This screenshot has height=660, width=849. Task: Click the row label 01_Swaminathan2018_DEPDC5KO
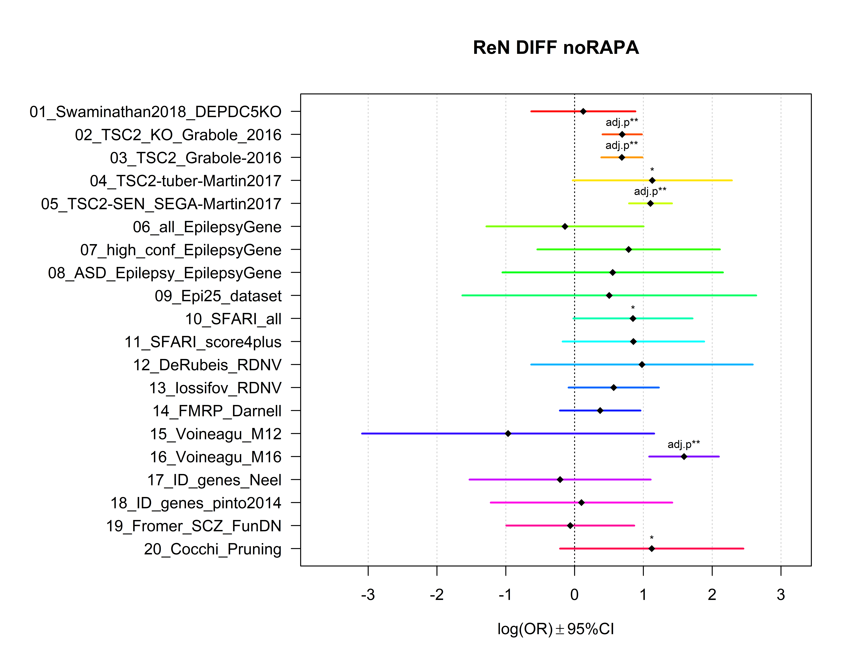[155, 112]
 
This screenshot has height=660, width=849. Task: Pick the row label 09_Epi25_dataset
[218, 296]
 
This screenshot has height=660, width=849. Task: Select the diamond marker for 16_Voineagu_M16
[684, 456]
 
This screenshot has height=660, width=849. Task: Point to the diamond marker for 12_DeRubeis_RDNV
[642, 364]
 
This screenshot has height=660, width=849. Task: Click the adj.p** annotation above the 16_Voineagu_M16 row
[684, 444]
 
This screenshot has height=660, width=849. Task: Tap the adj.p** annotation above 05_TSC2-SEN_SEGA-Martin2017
[650, 191]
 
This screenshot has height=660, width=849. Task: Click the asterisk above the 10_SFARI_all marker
[633, 308]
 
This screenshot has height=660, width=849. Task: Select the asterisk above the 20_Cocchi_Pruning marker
[652, 538]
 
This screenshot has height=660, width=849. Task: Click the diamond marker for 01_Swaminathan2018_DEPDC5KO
[583, 111]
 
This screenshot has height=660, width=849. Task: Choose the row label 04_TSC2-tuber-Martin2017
[185, 181]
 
